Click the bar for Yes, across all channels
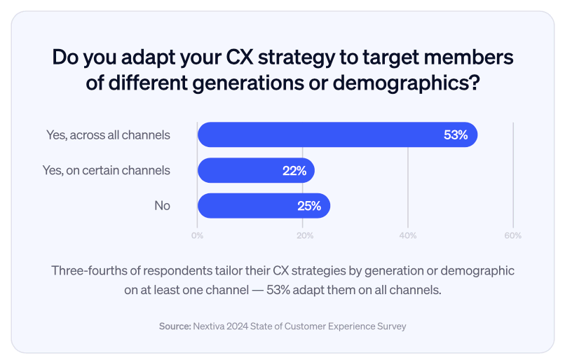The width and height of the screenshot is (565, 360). tap(336, 134)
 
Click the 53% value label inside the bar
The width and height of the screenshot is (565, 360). tap(456, 135)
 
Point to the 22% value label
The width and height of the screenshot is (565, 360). tap(294, 170)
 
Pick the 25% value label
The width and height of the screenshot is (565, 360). tap(309, 206)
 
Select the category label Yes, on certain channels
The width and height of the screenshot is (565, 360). tap(107, 170)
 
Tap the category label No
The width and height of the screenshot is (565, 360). tap(162, 206)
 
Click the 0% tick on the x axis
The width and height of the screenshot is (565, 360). tap(198, 235)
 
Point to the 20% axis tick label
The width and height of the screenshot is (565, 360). tap(304, 235)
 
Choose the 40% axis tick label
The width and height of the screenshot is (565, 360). tap(408, 235)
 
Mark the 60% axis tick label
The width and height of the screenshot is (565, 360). tap(512, 235)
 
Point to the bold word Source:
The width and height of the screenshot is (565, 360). tap(175, 326)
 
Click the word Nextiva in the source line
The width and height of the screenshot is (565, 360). tap(211, 326)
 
